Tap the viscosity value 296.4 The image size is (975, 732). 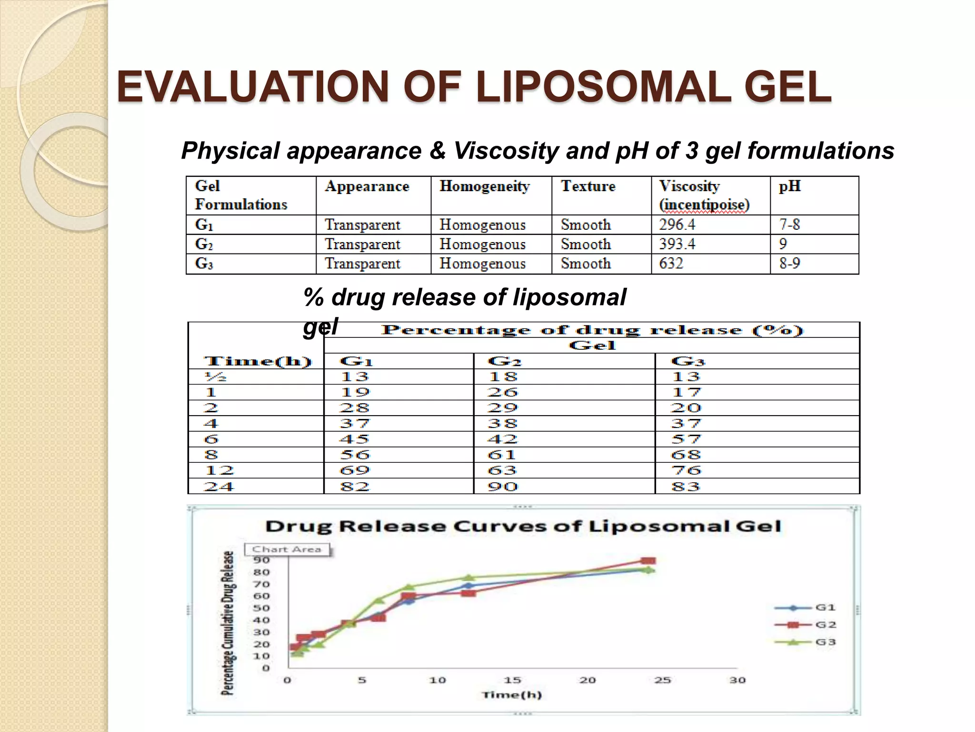(x=677, y=224)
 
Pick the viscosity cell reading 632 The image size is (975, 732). (x=671, y=264)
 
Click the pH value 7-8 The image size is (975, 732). (x=789, y=224)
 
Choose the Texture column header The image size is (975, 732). (x=588, y=186)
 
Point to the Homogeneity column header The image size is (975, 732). (x=484, y=186)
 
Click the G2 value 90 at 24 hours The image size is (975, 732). (x=502, y=487)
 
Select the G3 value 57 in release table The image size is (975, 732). (x=686, y=439)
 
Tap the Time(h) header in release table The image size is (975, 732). (x=258, y=361)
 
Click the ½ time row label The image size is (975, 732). (x=215, y=377)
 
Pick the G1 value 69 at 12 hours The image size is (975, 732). (x=355, y=471)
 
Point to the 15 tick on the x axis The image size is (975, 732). (x=512, y=680)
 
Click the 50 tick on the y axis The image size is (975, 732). (x=261, y=608)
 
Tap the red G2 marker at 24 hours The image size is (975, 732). (x=648, y=561)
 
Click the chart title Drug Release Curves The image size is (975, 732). (x=523, y=527)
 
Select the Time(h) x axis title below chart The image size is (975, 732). (x=512, y=695)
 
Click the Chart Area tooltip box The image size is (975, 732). (x=287, y=549)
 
